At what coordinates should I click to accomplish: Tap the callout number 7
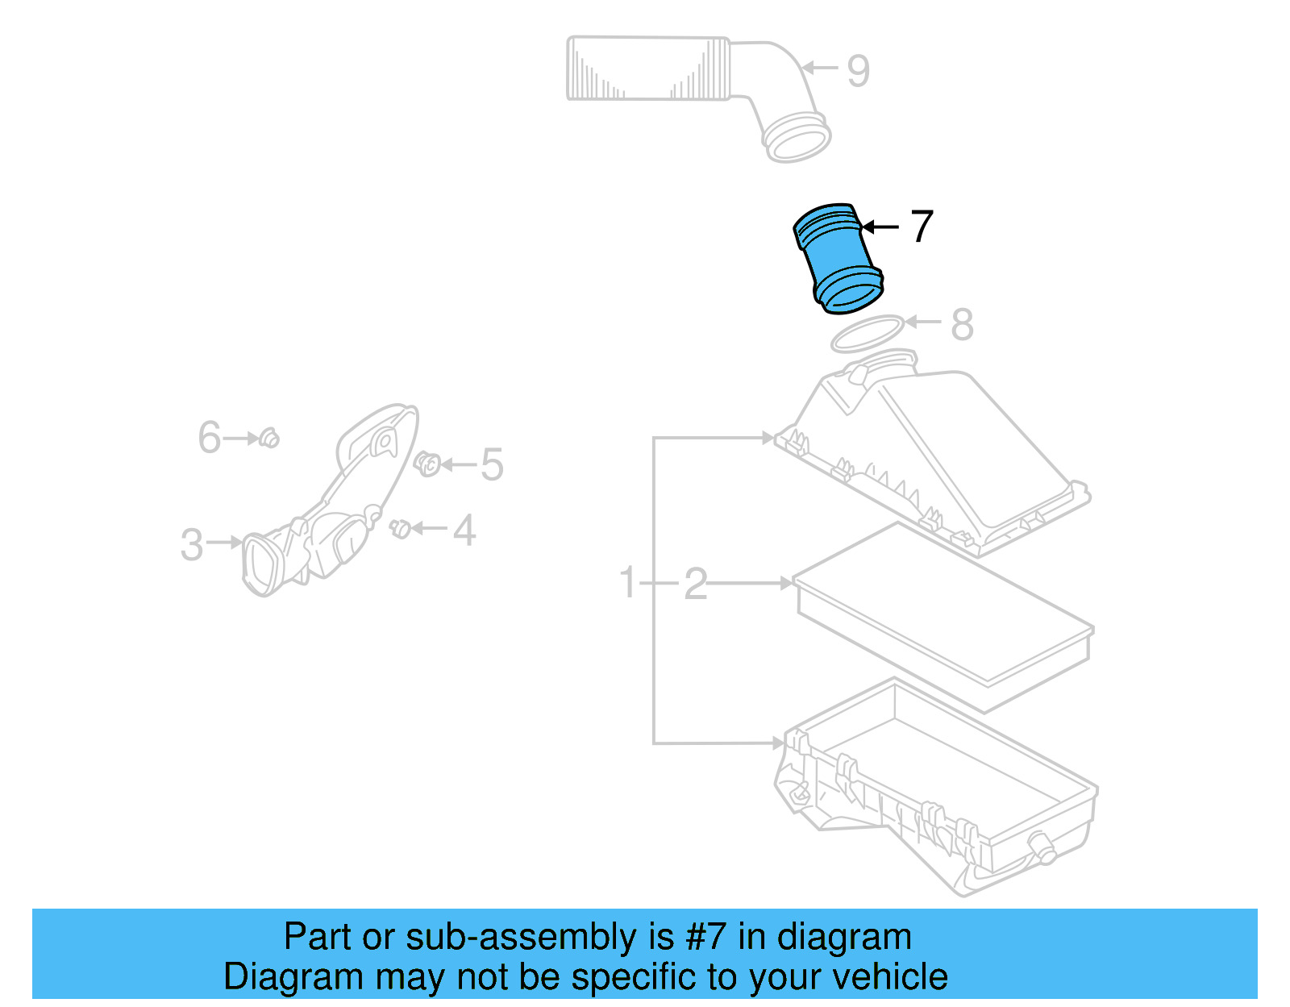(x=922, y=227)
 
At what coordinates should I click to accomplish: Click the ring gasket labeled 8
(x=866, y=334)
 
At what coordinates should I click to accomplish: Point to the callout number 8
(x=962, y=325)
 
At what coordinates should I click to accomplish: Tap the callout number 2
(x=695, y=584)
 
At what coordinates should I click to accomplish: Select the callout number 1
(x=628, y=582)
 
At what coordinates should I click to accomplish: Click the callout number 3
(x=192, y=545)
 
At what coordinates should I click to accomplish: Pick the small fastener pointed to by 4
(x=400, y=529)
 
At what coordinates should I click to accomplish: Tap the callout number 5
(x=492, y=465)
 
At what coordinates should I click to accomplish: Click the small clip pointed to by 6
(x=270, y=439)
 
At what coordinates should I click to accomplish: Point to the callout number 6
(x=209, y=438)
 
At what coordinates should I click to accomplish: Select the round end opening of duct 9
(x=797, y=140)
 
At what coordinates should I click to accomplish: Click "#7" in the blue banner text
(x=706, y=938)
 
